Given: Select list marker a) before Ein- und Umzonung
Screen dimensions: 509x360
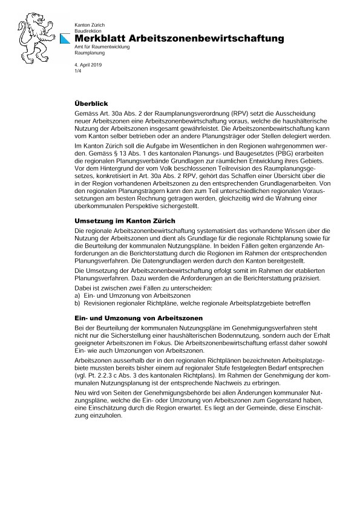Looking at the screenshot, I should tap(77, 294).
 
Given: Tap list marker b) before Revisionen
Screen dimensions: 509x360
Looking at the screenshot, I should tap(77, 301).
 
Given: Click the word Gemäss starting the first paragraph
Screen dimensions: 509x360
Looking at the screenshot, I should tap(85, 113).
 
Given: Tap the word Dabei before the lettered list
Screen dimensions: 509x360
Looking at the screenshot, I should tap(82, 287).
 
